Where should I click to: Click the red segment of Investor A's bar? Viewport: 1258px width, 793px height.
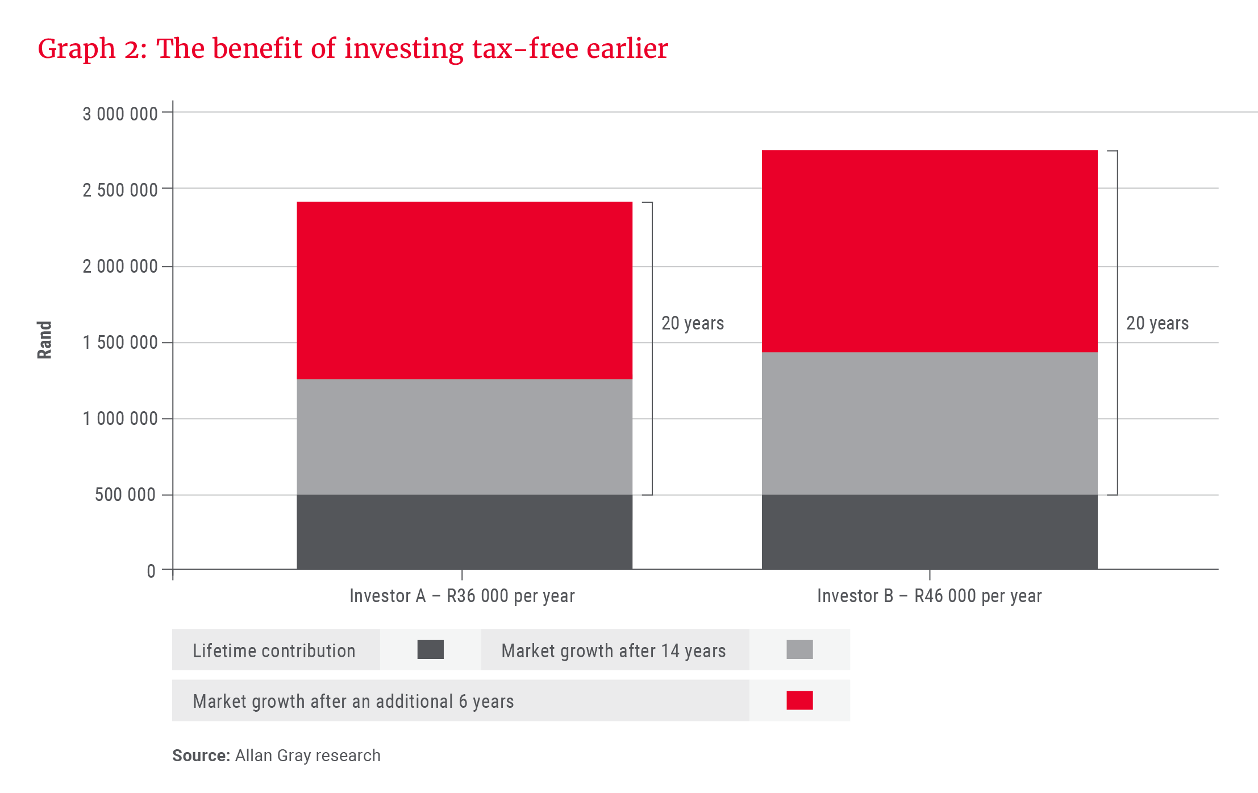464,290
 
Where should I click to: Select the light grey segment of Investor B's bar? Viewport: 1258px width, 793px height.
929,423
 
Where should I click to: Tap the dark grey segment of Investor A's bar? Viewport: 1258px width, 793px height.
464,532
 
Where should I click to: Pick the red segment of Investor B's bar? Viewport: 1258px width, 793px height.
929,251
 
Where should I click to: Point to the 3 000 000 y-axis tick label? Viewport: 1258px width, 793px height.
120,114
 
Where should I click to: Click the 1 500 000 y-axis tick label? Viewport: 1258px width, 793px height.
120,343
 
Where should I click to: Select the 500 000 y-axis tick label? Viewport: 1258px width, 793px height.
125,495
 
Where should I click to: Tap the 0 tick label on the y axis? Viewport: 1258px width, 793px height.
151,571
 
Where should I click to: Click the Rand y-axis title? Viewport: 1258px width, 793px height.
44,340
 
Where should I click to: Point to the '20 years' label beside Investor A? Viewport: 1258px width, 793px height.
692,323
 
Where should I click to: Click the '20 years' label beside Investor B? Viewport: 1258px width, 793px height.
1157,323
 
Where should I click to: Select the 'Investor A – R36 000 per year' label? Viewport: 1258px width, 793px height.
462,596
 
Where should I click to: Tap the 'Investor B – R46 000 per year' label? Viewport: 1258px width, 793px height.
929,596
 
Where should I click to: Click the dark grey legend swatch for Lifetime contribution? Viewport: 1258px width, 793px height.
430,649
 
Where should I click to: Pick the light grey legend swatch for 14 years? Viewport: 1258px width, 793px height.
799,649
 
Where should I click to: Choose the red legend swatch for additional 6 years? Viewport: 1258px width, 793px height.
799,700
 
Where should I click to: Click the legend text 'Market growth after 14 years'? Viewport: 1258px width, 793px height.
613,650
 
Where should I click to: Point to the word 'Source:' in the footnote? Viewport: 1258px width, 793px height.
201,756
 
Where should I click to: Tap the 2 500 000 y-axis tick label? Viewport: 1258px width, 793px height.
120,190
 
